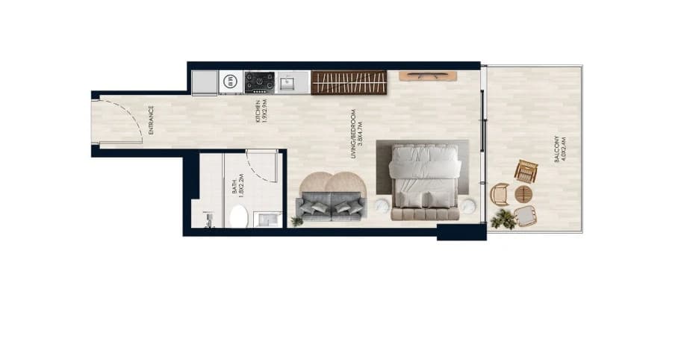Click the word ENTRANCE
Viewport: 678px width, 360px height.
(x=151, y=120)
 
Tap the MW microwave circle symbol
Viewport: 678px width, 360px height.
(x=231, y=81)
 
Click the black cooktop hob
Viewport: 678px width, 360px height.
(x=259, y=82)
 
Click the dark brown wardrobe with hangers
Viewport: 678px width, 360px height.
(x=349, y=82)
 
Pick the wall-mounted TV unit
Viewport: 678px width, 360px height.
(x=428, y=76)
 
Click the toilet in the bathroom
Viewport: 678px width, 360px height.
(x=238, y=217)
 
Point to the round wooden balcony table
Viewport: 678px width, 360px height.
(x=523, y=194)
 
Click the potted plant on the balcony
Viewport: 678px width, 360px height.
(x=504, y=219)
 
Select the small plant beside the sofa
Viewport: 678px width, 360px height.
(x=297, y=222)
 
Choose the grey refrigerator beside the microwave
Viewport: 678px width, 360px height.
(x=205, y=82)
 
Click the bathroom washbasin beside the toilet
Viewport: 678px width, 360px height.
(x=267, y=220)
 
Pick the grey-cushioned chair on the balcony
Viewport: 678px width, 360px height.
(x=526, y=216)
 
